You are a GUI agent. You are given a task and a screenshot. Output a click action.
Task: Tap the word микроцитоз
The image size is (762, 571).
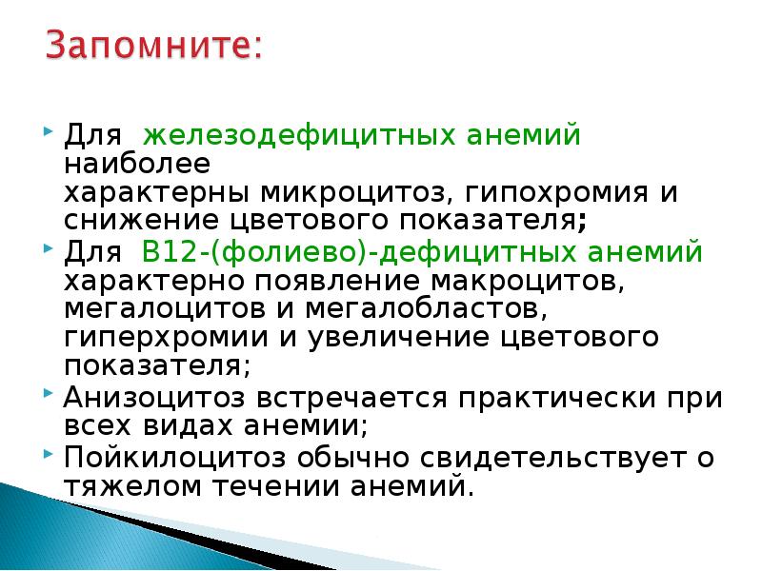click(x=338, y=193)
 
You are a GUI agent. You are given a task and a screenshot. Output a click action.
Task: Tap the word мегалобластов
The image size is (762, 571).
click(x=441, y=309)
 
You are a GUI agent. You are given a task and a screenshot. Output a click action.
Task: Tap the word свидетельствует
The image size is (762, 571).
click(x=534, y=458)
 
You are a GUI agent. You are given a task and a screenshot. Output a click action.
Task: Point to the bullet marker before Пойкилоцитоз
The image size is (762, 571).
click(x=49, y=453)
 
